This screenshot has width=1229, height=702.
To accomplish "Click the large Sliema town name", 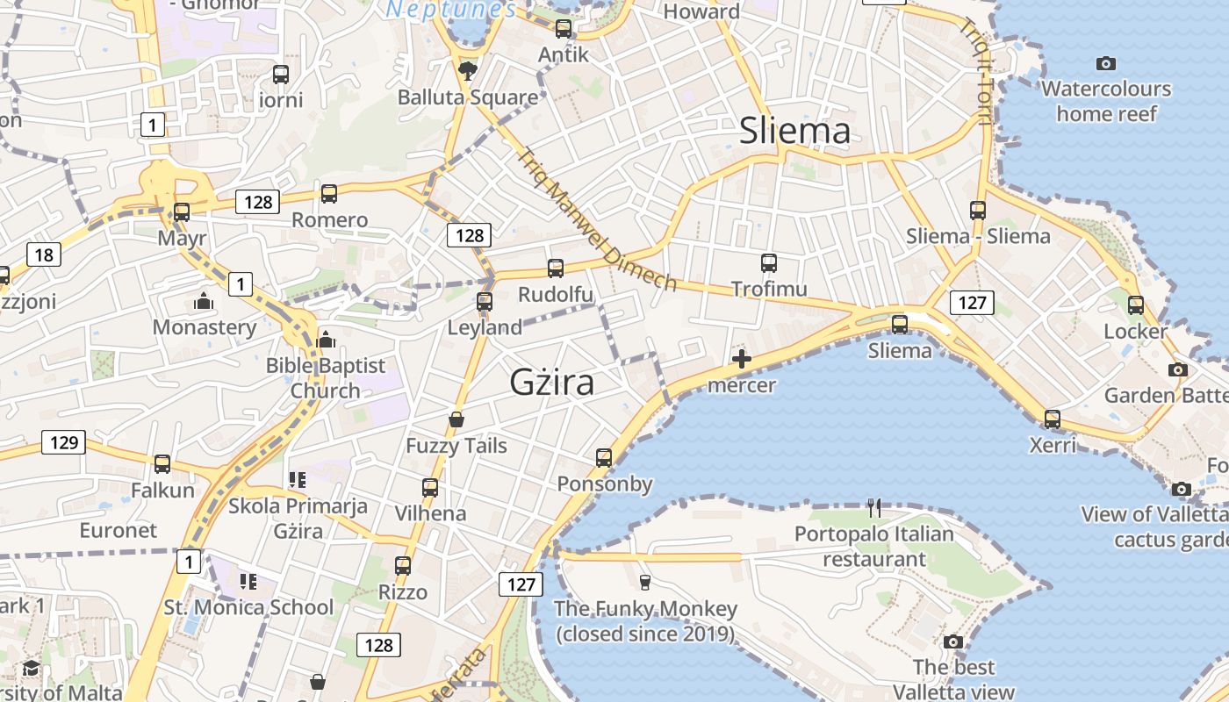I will pos(794,131).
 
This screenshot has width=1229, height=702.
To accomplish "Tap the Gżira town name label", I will pos(552,383).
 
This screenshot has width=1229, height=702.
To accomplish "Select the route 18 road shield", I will pos(44,255).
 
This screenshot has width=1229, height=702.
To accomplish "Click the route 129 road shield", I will pos(64,442).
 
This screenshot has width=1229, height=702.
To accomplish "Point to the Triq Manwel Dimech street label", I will pos(596,219).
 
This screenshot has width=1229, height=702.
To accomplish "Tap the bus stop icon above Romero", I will pos(329,194).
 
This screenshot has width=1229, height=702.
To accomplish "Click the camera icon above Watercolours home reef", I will pos(1106,63).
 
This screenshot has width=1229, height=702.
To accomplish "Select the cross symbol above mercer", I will pos(742,358).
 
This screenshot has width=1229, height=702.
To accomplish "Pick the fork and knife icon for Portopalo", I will pos(873,507).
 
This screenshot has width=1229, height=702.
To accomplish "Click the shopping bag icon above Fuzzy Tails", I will pos(456,419).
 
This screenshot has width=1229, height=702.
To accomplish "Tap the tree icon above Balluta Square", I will pos(468,70).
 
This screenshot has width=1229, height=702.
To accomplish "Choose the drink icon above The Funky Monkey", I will pos(645,582).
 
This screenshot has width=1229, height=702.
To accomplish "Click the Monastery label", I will pos(205,327).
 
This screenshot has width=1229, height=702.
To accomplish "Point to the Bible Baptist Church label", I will pos(326,378).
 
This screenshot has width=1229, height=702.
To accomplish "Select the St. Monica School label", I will pos(248,607).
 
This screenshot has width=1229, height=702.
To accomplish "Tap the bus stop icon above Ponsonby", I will pos(604,457).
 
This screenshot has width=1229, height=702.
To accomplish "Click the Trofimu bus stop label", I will pos(769,289).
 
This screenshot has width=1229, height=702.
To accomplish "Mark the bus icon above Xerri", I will pos(1053,419).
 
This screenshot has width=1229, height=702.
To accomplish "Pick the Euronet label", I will pos(119,530).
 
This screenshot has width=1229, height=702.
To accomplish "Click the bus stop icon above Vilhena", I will pos(430,487).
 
